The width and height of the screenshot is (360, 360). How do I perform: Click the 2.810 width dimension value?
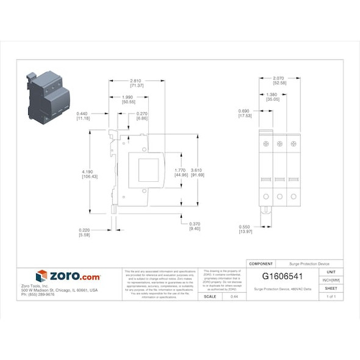point(137,79)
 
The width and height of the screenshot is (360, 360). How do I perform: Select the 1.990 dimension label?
point(128,97)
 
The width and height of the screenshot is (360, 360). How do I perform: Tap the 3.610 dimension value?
point(197,170)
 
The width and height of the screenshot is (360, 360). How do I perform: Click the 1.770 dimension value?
point(180,170)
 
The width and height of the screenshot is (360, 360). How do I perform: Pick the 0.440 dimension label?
point(83,113)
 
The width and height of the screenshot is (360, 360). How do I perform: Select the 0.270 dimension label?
point(143,113)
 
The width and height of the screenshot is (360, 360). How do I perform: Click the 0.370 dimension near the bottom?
point(195,223)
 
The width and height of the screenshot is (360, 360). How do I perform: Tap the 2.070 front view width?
point(278,79)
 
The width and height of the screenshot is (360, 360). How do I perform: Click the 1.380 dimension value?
point(272,95)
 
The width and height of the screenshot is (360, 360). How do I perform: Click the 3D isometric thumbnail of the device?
point(48,95)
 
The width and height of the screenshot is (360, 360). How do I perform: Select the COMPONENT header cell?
point(261,264)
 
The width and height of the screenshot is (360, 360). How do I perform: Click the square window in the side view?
point(148,170)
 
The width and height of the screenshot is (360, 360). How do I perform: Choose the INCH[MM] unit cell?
point(331,279)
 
